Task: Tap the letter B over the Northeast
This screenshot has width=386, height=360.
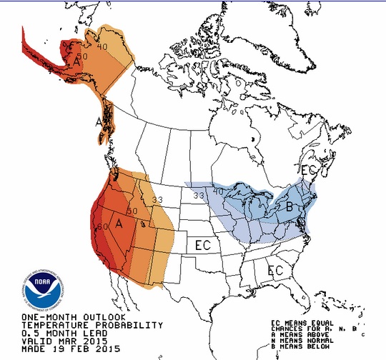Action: (290, 207)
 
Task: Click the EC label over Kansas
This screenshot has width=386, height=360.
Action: (204, 245)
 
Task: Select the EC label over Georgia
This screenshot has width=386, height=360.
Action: (274, 271)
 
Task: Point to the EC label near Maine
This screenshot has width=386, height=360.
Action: (309, 171)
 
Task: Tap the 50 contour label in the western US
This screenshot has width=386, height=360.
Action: (132, 211)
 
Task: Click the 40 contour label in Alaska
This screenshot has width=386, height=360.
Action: (102, 47)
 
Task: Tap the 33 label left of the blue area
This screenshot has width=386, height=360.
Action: (199, 195)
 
